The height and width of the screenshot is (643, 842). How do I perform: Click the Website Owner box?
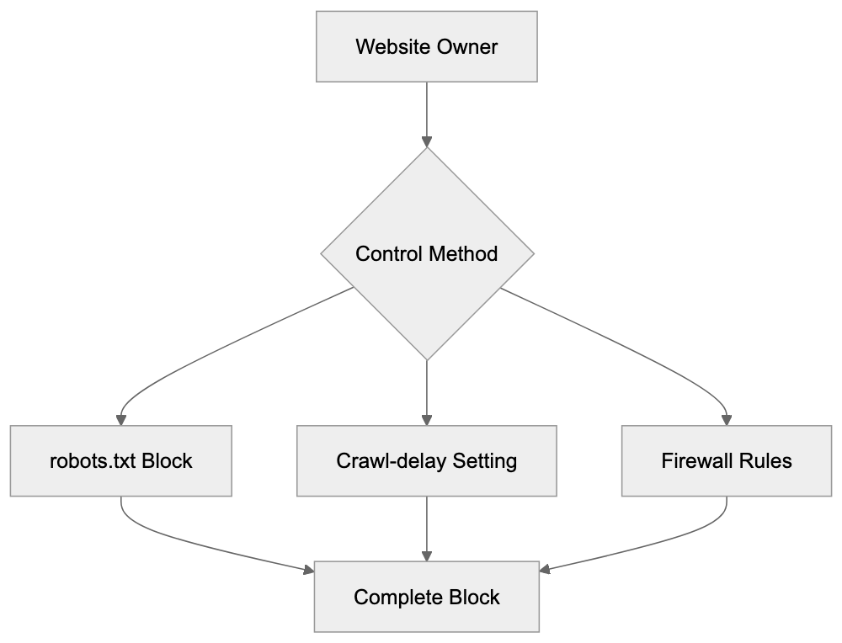[426, 46]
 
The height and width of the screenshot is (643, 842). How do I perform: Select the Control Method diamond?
[426, 253]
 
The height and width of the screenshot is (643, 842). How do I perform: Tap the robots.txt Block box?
[120, 461]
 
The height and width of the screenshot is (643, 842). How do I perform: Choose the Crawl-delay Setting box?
[426, 461]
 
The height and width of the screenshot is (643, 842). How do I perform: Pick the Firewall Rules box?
[726, 461]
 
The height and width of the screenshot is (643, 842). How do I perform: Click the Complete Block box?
[426, 598]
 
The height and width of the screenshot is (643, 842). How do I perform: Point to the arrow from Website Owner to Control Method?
[427, 114]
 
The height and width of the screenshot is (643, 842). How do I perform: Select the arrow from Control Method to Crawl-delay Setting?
[427, 391]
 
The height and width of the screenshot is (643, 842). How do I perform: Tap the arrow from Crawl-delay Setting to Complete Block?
[427, 529]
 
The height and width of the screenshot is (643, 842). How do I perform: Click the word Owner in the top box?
[466, 46]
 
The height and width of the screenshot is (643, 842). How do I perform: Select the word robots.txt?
[90, 461]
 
